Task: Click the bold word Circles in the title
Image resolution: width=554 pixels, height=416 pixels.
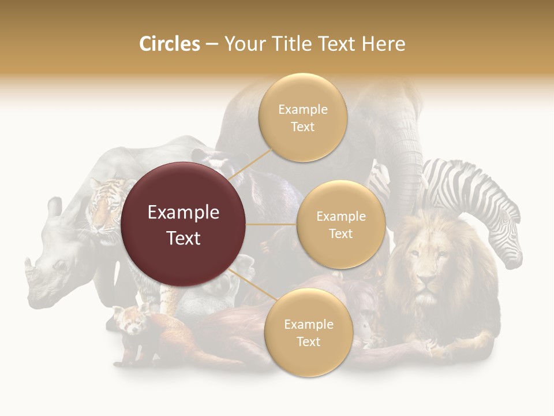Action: click(170, 44)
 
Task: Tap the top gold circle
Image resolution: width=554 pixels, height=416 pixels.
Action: click(303, 118)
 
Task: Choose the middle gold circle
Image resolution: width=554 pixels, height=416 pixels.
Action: click(340, 225)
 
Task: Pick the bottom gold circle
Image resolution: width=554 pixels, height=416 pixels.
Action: click(308, 333)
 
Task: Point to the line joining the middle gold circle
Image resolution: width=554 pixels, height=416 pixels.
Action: click(271, 224)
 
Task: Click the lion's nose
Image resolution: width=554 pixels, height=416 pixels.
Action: click(428, 282)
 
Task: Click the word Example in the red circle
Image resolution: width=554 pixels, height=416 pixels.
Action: click(184, 213)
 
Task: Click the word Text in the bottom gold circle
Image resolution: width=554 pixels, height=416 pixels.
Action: click(308, 341)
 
